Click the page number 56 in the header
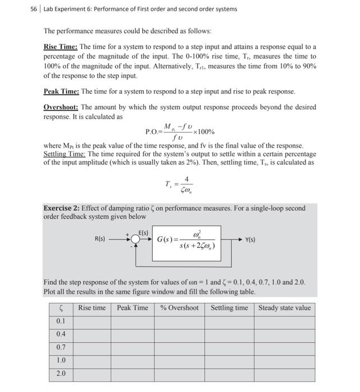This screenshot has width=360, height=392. click(x=34, y=9)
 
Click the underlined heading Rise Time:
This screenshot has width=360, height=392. click(x=61, y=46)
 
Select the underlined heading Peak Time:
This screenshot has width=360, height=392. click(x=62, y=91)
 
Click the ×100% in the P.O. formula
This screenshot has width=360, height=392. click(x=203, y=132)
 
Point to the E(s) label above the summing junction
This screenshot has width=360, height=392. click(x=143, y=232)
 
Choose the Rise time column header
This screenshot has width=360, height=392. click(x=92, y=308)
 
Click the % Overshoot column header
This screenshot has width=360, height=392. click(x=179, y=308)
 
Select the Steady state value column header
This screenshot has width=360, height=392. click(x=284, y=308)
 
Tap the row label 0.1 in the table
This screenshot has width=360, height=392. click(x=60, y=321)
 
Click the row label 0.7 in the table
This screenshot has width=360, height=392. click(x=60, y=347)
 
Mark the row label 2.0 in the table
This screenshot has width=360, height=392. click(x=60, y=374)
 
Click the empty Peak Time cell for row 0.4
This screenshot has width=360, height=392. click(x=133, y=334)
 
